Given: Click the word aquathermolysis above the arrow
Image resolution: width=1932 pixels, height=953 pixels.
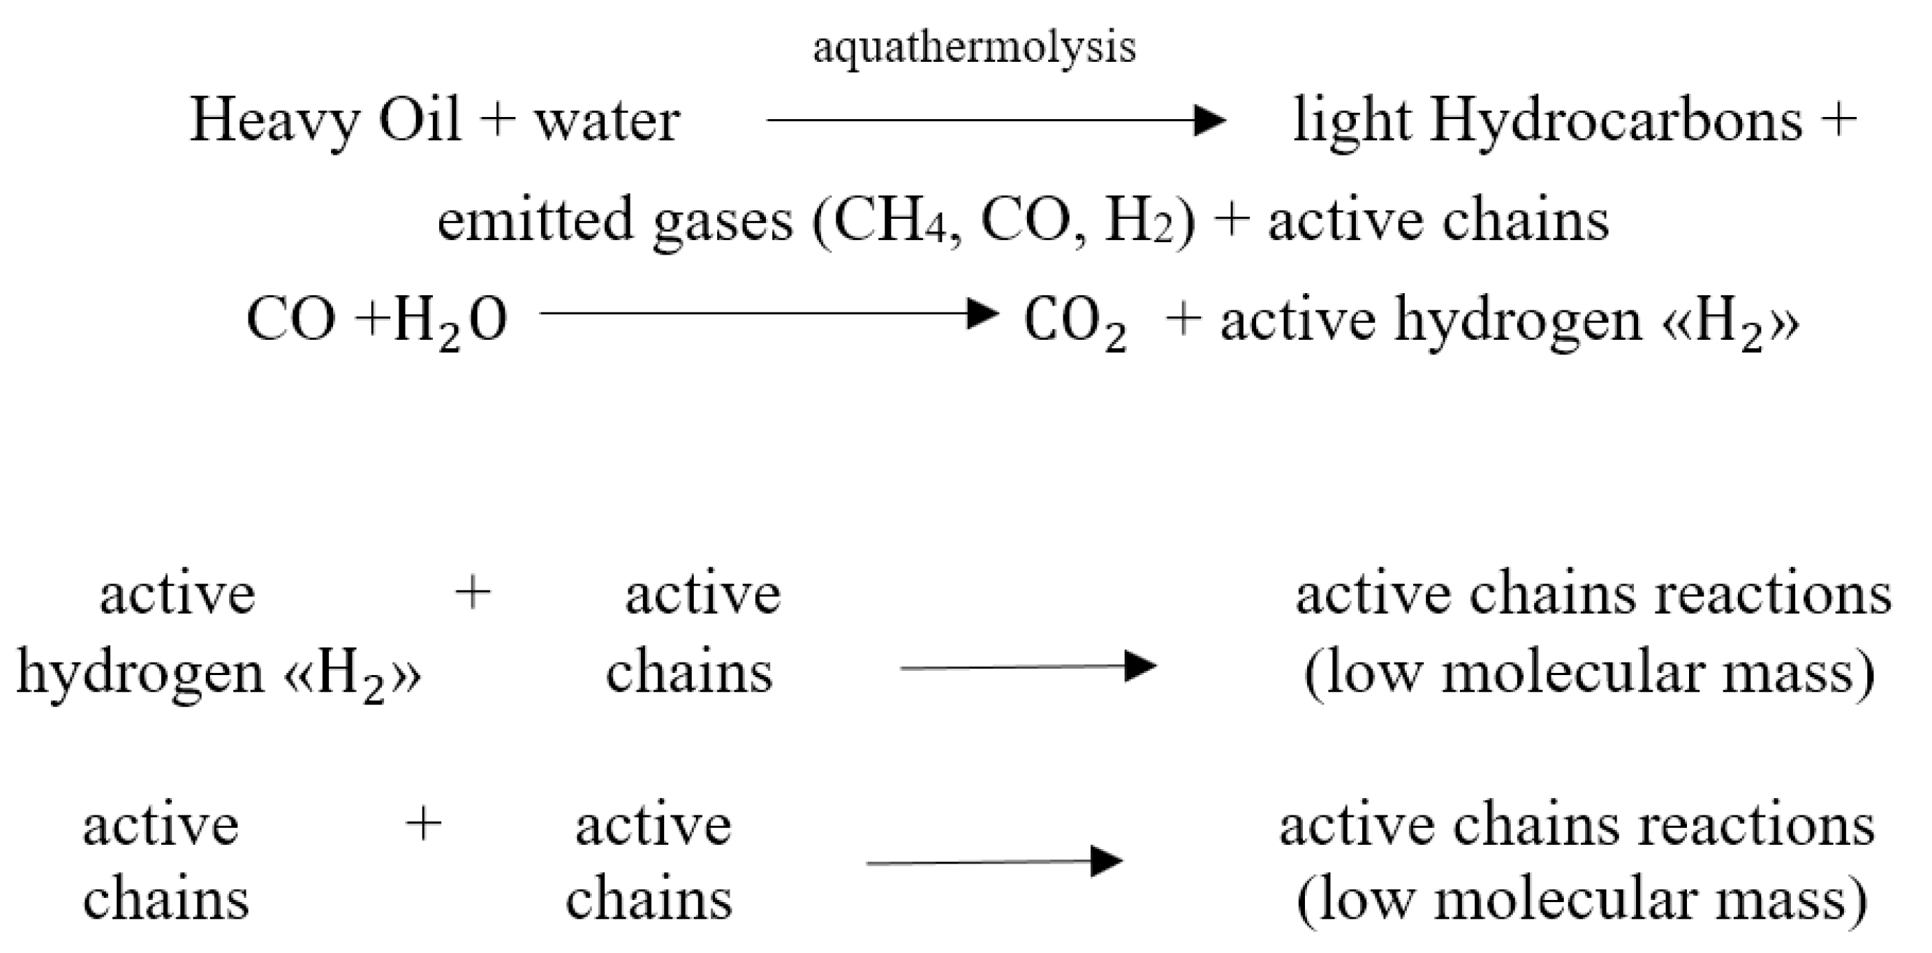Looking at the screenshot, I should [x=974, y=47].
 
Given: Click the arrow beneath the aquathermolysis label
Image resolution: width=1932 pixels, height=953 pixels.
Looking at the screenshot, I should [x=995, y=120].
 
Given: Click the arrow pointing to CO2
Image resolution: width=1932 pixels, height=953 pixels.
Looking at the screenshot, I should [x=769, y=312].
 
